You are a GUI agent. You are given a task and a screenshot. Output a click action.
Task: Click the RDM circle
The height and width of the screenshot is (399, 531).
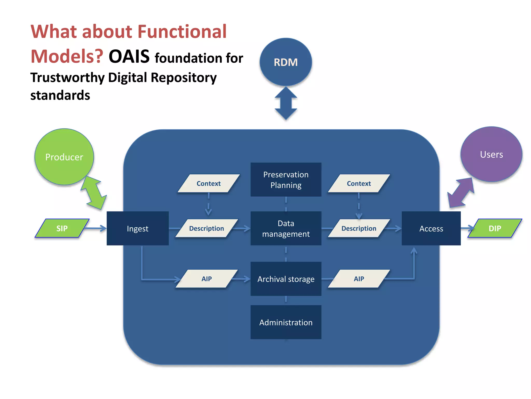coord(286,62)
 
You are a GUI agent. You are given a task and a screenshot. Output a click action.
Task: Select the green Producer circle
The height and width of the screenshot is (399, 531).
coord(64,157)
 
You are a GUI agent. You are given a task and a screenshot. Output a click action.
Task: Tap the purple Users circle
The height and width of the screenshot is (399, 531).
coord(491,154)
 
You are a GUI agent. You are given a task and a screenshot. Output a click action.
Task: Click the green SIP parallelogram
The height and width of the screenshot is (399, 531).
coord(62,228)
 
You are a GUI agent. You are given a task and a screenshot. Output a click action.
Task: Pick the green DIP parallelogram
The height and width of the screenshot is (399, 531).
coord(495,228)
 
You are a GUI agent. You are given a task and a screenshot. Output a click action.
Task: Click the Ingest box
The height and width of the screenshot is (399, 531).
coord(138,228)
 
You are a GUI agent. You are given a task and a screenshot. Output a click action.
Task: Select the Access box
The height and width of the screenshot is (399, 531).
coord(431,228)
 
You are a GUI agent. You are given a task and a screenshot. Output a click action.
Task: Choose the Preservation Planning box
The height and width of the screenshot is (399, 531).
coord(286,179)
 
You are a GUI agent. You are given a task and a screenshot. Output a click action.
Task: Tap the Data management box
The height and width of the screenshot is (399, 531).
coord(286,228)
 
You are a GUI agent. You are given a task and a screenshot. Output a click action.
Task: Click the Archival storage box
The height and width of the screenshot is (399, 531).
coord(286,279)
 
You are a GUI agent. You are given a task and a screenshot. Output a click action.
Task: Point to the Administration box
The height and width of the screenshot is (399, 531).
coord(286,322)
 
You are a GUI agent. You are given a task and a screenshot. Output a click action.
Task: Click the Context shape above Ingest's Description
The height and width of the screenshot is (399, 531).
coord(208,183)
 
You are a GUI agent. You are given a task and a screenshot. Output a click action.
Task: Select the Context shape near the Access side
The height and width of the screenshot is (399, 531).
coord(359,183)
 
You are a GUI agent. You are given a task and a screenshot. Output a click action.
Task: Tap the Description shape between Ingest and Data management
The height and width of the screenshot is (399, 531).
coord(207,228)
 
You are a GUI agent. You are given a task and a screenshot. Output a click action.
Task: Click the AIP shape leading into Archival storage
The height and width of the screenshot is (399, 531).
coord(207,279)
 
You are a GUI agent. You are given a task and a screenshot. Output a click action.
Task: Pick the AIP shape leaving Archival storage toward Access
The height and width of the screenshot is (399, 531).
coord(359,279)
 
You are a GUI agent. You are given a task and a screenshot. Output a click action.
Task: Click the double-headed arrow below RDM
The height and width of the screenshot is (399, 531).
coord(286,103)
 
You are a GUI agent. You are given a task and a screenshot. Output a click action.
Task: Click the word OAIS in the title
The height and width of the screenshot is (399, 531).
coord(129,56)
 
